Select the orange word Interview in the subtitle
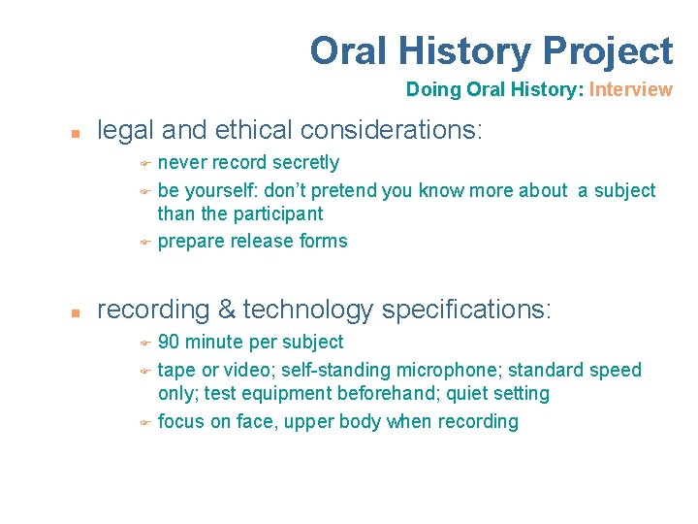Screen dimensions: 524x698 tap(630, 90)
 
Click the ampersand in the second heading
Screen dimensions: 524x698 tap(227, 311)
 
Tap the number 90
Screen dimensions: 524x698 tap(168, 343)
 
